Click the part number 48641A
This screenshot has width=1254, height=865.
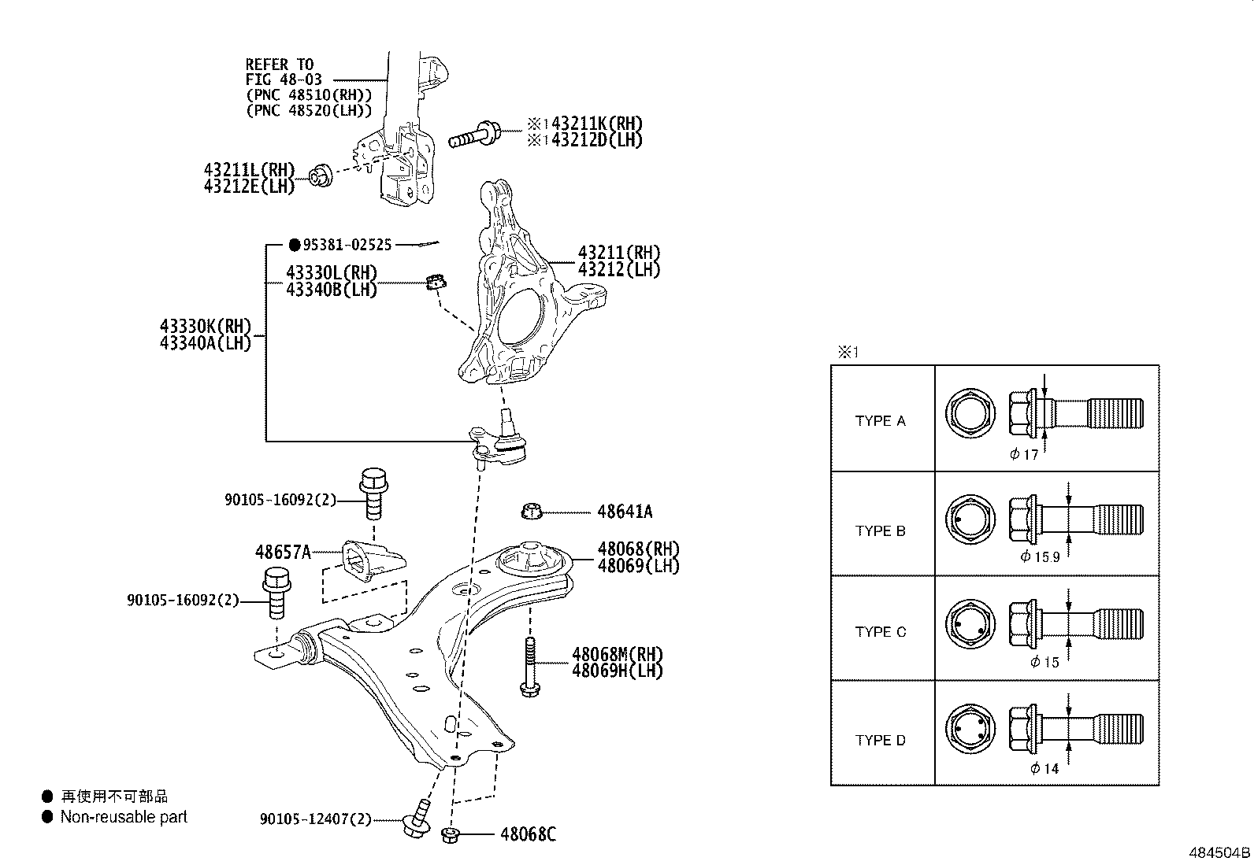click(624, 512)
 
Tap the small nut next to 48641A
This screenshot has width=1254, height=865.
click(532, 512)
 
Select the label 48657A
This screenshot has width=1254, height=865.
click(283, 552)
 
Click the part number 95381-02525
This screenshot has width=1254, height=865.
click(347, 246)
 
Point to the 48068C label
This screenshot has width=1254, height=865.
click(528, 834)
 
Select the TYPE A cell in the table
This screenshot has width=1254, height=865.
click(881, 421)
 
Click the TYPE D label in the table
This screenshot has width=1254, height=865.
click(881, 741)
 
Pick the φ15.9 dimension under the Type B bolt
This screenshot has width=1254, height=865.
click(1041, 556)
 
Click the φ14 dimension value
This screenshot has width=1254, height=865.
click(1044, 769)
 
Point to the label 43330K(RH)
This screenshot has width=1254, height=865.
click(205, 327)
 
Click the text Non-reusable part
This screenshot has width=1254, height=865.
click(124, 817)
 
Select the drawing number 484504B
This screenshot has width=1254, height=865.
click(1219, 853)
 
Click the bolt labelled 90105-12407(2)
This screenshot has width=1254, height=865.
click(417, 819)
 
